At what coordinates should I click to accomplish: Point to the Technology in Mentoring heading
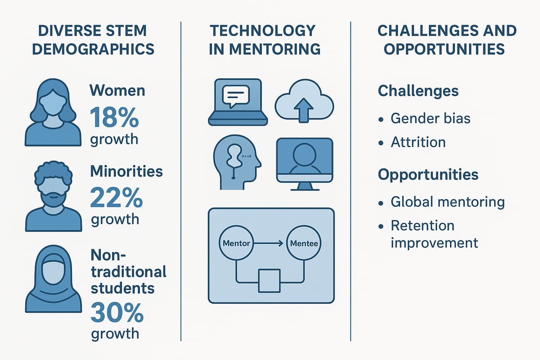(265, 40)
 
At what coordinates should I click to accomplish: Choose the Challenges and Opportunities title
(447, 40)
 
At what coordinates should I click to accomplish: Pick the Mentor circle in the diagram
(236, 244)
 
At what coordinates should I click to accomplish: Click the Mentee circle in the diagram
(305, 244)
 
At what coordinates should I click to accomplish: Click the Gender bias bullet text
(430, 118)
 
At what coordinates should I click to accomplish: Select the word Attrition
(418, 142)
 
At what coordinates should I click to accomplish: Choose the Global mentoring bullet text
(447, 202)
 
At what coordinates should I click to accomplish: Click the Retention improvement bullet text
(434, 234)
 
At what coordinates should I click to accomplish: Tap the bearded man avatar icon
(54, 198)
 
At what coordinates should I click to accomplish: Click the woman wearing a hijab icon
(54, 279)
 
